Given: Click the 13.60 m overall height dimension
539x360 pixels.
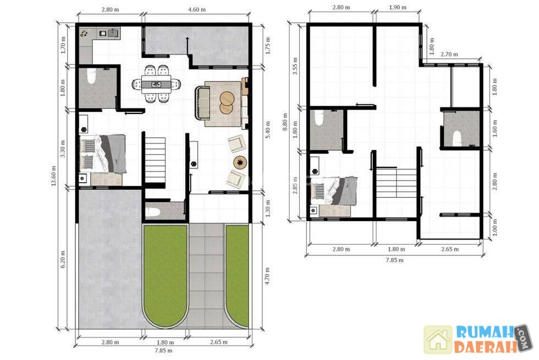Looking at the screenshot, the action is click(54, 176).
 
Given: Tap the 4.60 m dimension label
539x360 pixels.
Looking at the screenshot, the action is click(197, 10).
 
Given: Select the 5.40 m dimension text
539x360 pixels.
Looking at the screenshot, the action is click(268, 129).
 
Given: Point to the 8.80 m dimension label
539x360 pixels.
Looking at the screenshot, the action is click(285, 122).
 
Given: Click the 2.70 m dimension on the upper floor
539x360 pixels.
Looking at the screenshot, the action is click(449, 54).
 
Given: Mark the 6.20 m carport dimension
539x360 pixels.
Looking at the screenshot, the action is click(63, 259).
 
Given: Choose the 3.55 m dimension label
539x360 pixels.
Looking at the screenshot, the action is click(295, 66).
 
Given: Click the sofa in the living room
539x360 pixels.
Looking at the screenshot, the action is click(202, 103).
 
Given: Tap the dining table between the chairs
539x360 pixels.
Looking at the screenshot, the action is click(156, 84).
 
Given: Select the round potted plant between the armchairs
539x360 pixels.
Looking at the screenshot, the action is click(240, 162).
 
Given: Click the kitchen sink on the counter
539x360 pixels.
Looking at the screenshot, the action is click(113, 33).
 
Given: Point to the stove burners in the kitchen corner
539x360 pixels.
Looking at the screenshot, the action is click(85, 34).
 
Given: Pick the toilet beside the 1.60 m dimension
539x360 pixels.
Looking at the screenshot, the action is click(457, 138).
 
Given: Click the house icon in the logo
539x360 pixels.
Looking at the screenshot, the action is click(438, 340).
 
